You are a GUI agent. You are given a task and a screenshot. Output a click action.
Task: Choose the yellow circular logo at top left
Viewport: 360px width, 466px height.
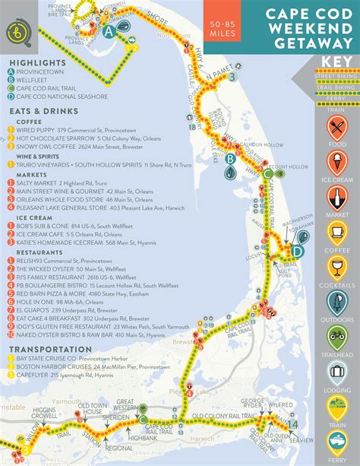(16, 31)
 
